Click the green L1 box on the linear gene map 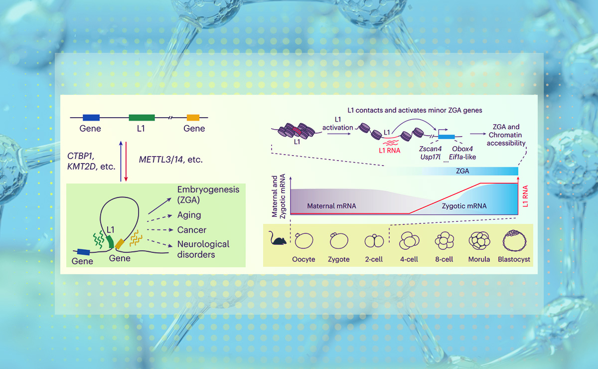pos(142,118)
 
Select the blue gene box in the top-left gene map pos(91,118)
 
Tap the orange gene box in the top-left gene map pos(193,118)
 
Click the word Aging pos(189,215)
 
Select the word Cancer pos(192,230)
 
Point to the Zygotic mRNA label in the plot pos(464,205)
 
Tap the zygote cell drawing pos(338,241)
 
